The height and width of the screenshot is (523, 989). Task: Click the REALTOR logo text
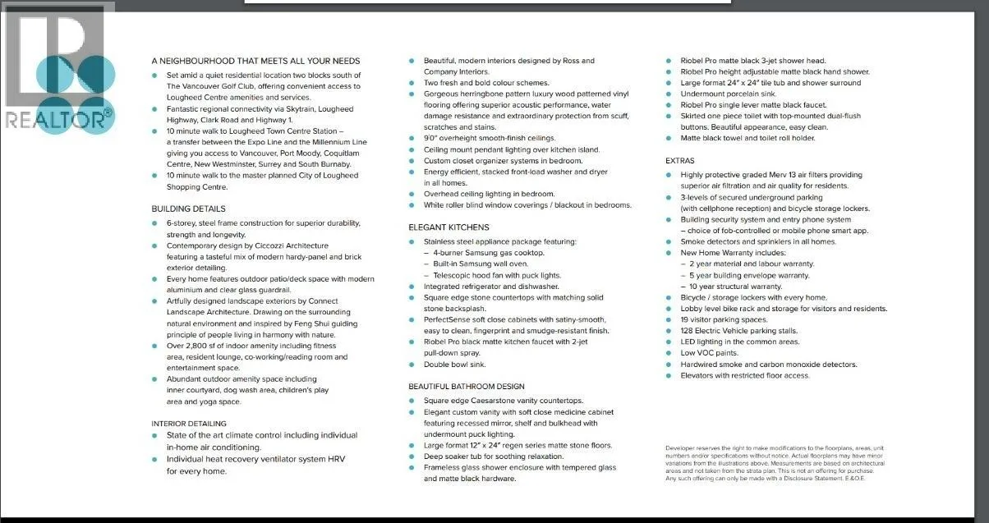(56, 120)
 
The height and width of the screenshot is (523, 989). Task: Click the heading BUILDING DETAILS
(188, 209)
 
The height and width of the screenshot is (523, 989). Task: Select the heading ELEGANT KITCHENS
(448, 227)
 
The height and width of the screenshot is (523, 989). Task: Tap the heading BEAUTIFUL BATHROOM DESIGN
(466, 387)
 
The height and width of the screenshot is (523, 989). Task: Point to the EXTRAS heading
(679, 161)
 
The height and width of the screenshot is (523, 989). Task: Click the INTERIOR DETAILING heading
(189, 424)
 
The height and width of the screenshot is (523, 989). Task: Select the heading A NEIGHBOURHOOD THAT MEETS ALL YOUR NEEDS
(255, 61)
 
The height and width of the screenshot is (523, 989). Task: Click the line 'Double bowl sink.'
(454, 365)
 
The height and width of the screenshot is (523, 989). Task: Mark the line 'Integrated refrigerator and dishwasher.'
(490, 287)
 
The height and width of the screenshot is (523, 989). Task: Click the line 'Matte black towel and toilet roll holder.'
(747, 139)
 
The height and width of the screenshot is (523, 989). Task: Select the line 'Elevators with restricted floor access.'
(745, 376)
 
